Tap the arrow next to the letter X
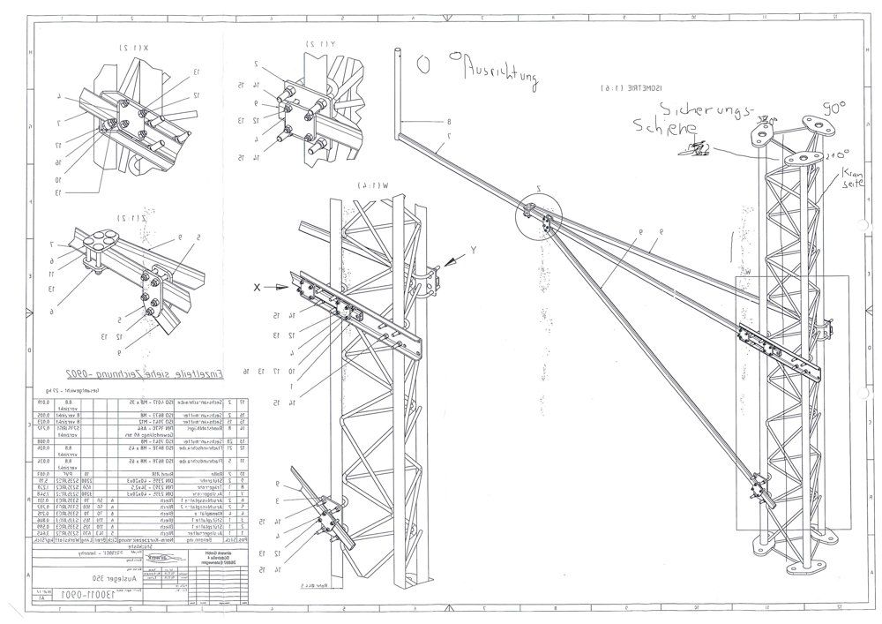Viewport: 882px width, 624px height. [x=285, y=286]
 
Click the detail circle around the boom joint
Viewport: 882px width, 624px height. [x=539, y=212]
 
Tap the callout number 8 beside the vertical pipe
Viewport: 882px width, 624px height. [x=448, y=121]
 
